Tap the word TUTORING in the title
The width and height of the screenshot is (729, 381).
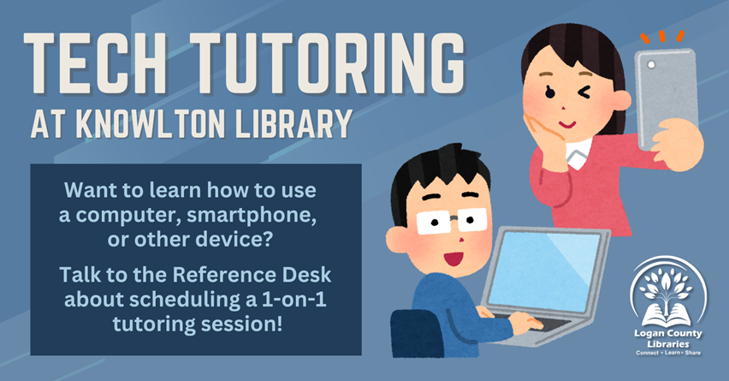pyautogui.click(x=329, y=63)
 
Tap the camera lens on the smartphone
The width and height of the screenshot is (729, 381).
pyautogui.click(x=651, y=65)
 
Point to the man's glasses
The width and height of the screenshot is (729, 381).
pyautogui.click(x=451, y=222)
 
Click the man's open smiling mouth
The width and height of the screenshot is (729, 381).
pyautogui.click(x=453, y=258)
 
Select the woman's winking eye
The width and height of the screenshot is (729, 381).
pyautogui.click(x=583, y=92)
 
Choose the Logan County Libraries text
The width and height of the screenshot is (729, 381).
pyautogui.click(x=668, y=339)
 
